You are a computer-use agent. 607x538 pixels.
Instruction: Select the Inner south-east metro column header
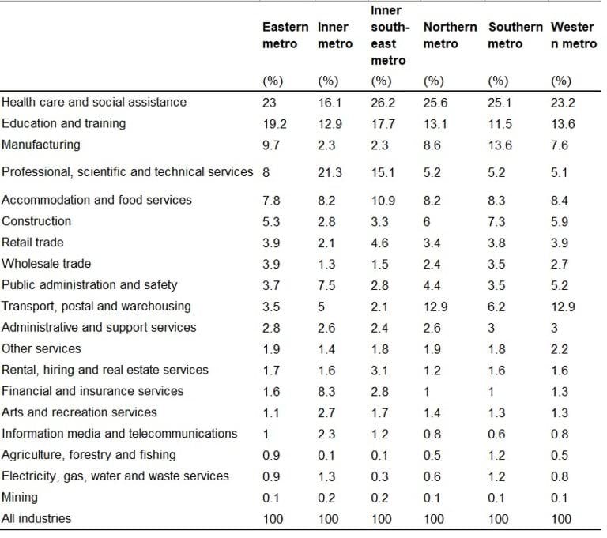coord(387,36)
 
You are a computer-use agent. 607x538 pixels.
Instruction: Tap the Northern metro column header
coord(450,36)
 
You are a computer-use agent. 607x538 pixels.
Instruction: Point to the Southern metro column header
coord(515,36)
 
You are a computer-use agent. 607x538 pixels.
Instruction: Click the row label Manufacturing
coord(41,145)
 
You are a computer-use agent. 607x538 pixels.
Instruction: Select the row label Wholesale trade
coord(47,263)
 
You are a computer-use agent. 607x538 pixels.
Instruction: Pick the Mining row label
coord(20,497)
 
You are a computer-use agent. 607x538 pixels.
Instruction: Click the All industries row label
coord(36,518)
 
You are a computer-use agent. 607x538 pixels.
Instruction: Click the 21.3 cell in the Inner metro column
coord(330,172)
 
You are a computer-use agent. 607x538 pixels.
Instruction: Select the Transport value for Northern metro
coord(435,306)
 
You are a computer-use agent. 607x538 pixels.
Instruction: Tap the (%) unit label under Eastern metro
coord(273,81)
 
